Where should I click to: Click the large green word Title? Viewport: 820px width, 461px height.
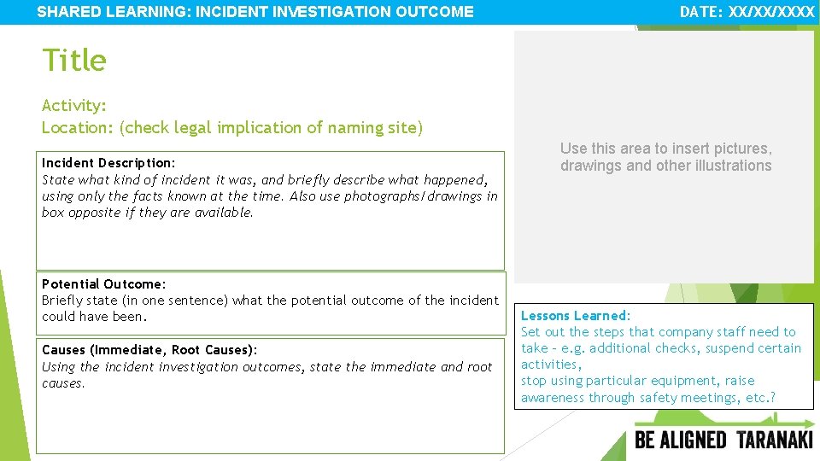click(74, 61)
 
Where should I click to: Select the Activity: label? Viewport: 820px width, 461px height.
click(74, 105)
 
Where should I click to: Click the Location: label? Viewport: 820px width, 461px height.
click(78, 127)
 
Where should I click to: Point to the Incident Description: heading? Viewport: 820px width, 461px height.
click(108, 163)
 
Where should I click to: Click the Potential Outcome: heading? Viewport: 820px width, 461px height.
click(104, 283)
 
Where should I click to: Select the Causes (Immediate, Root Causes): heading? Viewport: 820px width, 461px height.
click(149, 350)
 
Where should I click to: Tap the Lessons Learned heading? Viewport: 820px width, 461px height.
click(574, 316)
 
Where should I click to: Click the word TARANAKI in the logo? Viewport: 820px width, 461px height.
click(775, 441)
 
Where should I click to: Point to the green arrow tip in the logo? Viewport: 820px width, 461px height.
click(811, 423)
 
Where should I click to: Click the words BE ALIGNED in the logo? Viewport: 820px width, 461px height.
click(681, 441)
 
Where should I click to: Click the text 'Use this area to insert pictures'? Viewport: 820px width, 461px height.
click(665, 149)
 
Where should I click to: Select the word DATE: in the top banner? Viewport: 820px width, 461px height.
click(701, 12)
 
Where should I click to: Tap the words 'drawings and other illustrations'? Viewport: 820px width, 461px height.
click(665, 166)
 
